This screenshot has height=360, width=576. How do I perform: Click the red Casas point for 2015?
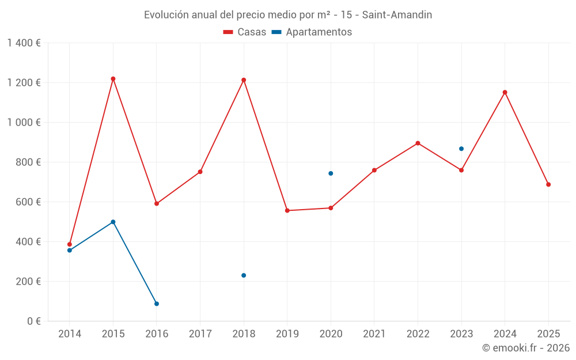[x=113, y=79]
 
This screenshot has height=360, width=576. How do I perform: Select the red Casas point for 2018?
[x=244, y=80]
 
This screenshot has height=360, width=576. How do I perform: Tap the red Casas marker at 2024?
[x=505, y=92]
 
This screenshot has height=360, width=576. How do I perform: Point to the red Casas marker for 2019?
[x=287, y=210]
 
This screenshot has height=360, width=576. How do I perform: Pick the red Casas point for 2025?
[x=548, y=184]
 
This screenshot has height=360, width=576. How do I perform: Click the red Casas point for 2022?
[x=418, y=143]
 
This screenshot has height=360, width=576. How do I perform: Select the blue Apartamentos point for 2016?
[x=157, y=304]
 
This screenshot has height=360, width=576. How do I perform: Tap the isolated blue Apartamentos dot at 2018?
[x=244, y=275]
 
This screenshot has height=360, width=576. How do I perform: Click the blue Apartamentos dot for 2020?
[x=331, y=173]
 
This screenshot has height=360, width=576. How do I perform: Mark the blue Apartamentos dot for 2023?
[x=461, y=149]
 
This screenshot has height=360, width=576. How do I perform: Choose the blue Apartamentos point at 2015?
[x=113, y=222]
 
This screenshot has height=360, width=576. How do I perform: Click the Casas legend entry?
[x=245, y=32]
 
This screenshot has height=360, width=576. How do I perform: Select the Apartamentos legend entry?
[x=312, y=32]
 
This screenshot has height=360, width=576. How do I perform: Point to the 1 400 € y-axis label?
[x=24, y=43]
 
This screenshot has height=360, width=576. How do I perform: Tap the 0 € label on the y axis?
[x=32, y=321]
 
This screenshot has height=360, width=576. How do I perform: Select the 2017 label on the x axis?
[x=200, y=334]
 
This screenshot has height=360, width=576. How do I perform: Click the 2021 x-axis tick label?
[x=374, y=334]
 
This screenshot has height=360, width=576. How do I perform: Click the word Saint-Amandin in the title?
[x=397, y=15]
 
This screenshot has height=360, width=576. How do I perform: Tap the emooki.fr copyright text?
[x=526, y=348]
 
